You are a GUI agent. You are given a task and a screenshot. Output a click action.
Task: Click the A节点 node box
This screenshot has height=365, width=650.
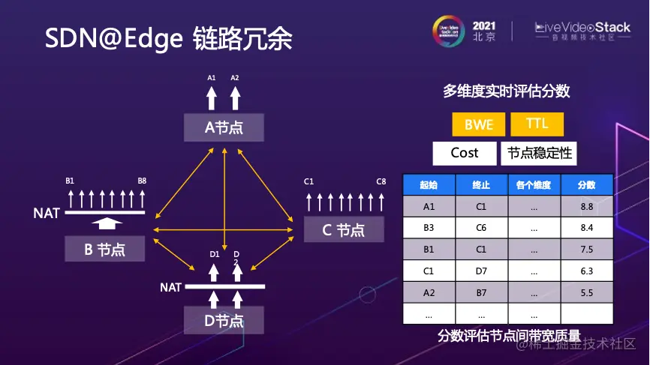[x=224, y=127]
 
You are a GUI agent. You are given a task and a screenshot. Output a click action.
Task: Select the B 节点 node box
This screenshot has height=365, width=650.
[x=104, y=249]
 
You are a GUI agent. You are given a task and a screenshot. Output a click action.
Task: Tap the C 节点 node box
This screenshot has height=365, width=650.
[x=344, y=229]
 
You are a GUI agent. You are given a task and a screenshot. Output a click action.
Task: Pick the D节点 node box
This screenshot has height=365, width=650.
[x=224, y=321]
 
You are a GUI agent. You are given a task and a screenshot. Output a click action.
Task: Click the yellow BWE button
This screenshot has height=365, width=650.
[x=478, y=124]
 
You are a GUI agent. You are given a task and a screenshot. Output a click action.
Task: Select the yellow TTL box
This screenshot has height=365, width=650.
[x=537, y=124]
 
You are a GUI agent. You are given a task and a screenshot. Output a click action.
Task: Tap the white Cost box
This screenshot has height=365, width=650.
[x=465, y=153]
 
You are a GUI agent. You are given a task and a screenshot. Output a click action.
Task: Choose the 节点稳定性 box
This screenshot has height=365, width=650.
[x=540, y=153]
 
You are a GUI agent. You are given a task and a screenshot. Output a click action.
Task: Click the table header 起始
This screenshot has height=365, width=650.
[x=429, y=185]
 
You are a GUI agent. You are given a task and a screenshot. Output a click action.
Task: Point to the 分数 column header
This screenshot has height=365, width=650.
[x=586, y=185]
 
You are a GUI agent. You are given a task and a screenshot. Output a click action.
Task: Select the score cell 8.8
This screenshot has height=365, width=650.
[x=586, y=206]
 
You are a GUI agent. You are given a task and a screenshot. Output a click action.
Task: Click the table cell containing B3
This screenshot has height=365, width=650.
[x=429, y=228]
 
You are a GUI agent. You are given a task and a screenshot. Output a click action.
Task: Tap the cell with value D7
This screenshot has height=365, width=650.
[x=481, y=271]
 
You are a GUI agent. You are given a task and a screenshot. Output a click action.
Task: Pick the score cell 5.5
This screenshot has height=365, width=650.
[x=586, y=292]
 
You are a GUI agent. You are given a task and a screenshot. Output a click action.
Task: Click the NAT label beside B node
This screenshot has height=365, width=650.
[x=47, y=214]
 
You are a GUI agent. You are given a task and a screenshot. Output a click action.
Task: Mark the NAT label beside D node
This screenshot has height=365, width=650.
[x=170, y=287]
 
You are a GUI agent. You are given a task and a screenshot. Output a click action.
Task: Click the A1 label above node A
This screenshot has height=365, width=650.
[x=212, y=78]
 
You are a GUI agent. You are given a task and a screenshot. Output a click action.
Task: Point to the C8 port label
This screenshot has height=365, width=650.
[x=381, y=181]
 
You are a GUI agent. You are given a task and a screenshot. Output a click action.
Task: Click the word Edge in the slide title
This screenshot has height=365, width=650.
[x=153, y=39]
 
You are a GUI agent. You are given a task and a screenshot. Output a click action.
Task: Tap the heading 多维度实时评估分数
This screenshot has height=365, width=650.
[x=506, y=91]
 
